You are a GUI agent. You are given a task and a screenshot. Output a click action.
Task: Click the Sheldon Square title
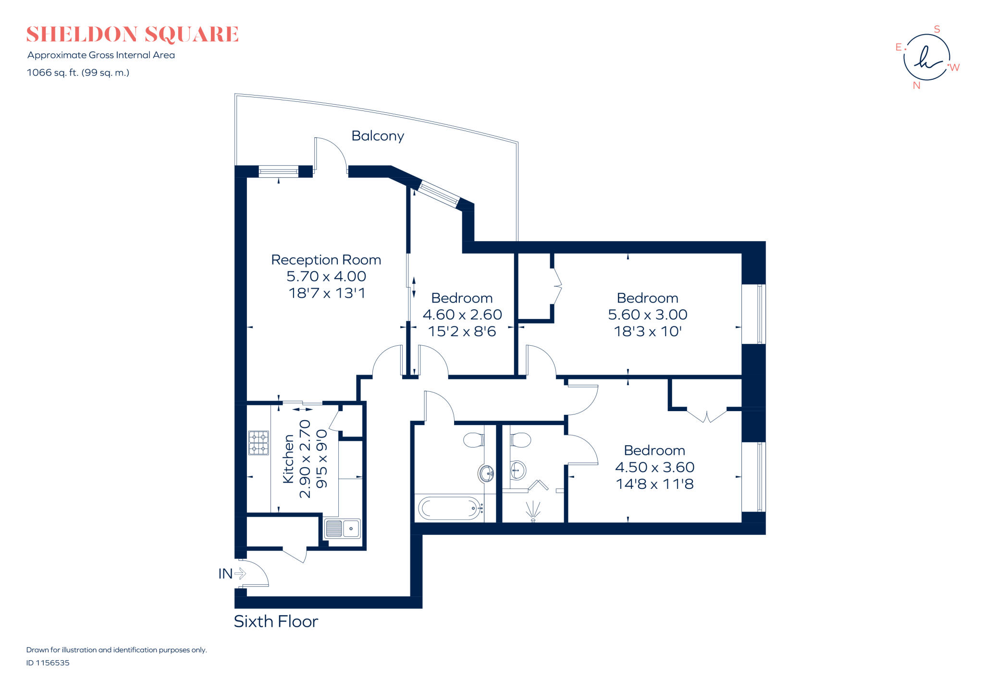[132, 35]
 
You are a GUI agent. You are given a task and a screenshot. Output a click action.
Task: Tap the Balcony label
[378, 136]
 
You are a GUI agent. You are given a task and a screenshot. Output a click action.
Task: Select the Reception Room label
[326, 260]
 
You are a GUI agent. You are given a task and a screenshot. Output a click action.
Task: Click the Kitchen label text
[288, 459]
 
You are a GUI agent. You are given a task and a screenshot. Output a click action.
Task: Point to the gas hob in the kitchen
[258, 443]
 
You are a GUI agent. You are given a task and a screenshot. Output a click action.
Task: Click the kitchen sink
[342, 529]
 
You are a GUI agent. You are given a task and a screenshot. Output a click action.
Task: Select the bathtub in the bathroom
[450, 508]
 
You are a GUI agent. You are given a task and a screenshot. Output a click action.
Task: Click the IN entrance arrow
[240, 573]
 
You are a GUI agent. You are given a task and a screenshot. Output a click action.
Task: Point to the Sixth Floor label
[276, 621]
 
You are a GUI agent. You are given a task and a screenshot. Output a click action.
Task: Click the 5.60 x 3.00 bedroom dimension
[647, 315]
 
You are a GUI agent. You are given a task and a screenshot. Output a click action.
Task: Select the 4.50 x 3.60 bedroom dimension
[654, 467]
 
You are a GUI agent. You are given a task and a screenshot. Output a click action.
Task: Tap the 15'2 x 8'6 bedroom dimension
[462, 331]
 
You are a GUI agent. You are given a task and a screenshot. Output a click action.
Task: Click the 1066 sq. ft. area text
[78, 73]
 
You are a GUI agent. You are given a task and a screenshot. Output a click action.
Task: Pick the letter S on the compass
[936, 29]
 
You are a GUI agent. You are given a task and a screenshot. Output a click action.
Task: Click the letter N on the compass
[916, 85]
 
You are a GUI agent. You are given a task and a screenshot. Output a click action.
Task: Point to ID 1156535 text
[48, 663]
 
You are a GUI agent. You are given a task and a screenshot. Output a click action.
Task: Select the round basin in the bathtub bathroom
[486, 473]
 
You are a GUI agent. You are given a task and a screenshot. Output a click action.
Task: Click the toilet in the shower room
[520, 439]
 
